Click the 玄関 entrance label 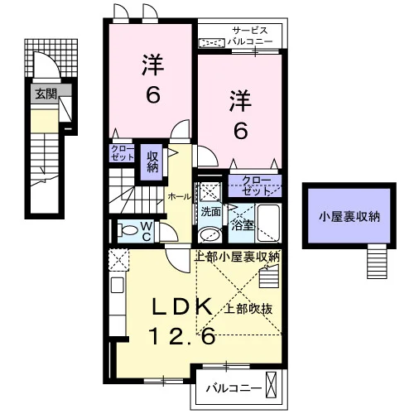coord(46,94)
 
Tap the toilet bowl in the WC coord(128,230)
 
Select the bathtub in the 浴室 coord(268,223)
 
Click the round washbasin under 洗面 coord(209,235)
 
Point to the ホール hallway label coord(180,197)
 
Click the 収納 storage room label coord(152,162)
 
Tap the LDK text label coord(182,306)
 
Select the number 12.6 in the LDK coord(182,336)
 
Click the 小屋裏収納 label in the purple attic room coord(349,217)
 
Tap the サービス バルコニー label coord(250,36)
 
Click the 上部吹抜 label coord(248,308)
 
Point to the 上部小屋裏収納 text coord(238,257)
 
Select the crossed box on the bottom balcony coord(271,385)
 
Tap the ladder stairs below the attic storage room coord(377,261)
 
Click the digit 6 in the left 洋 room coord(152,94)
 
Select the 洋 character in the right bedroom coord(240,101)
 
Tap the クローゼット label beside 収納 coord(123,153)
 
